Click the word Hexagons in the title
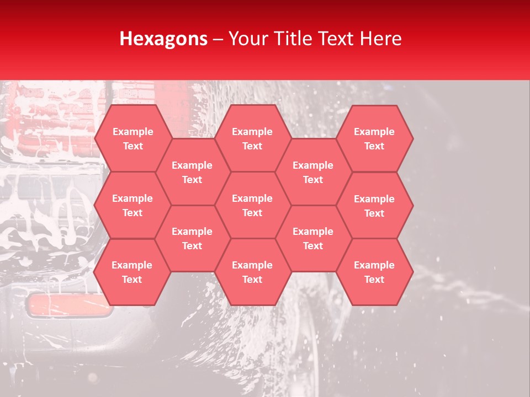[x=163, y=39]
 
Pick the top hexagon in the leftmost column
[x=132, y=138]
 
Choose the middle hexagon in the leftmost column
[x=132, y=205]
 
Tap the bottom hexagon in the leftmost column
[x=132, y=272]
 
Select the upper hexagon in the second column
[x=192, y=172]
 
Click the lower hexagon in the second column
[x=192, y=238]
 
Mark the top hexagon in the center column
[x=252, y=138]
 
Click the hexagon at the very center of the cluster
[x=252, y=205]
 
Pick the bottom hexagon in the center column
[x=252, y=272]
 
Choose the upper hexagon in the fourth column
[x=313, y=172]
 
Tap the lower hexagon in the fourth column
[x=313, y=238]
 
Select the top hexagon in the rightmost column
[x=374, y=138]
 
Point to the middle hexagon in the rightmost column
[x=374, y=206]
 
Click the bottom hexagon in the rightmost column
[x=374, y=272]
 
